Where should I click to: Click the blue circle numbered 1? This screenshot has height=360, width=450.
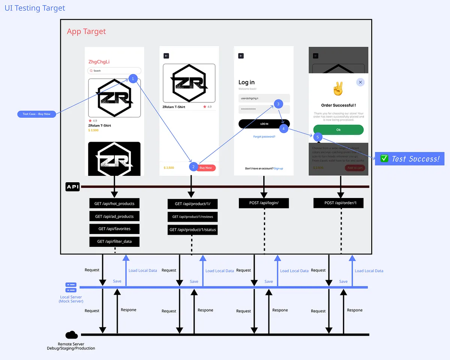coord(133,79)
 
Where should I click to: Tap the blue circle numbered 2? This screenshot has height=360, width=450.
coord(193,167)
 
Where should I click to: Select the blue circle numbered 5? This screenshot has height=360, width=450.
coord(318,137)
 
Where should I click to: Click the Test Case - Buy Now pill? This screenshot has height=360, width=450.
coord(36,114)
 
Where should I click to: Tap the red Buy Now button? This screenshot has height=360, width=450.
coord(206,168)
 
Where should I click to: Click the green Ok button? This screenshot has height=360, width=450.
coord(338,130)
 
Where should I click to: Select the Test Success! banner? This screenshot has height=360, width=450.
coord(409,159)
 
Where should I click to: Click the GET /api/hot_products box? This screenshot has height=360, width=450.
coord(114,204)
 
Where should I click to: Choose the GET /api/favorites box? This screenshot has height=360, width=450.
coord(114,229)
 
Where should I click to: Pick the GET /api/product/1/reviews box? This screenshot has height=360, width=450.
coord(192,217)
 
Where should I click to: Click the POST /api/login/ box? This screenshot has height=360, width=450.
coord(264,203)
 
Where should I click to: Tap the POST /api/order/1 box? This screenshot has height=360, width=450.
coord(338,203)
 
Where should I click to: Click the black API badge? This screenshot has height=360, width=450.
coord(72,187)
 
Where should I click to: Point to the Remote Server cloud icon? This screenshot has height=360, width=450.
coord(71,335)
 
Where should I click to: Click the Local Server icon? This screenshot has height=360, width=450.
coord(71,288)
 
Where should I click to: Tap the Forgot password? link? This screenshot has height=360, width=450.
coord(264,136)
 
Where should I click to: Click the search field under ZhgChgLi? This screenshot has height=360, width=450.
coord(114,70)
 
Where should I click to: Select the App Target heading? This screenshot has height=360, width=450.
coord(86,31)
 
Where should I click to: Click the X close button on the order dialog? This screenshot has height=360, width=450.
coord(360,82)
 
